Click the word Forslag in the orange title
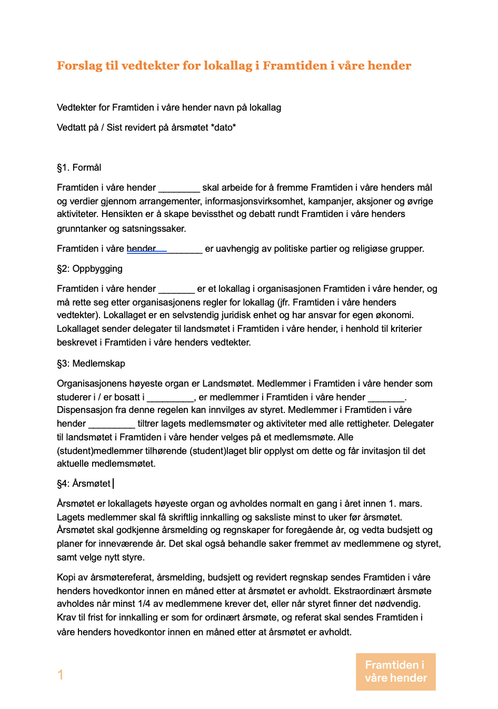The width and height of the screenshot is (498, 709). [79, 66]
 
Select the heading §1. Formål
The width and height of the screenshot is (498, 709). [79, 168]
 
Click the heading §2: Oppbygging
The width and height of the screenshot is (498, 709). [89, 269]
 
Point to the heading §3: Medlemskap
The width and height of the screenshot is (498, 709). [91, 363]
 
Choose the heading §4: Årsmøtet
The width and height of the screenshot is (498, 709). [84, 484]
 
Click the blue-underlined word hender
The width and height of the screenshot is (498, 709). [141, 249]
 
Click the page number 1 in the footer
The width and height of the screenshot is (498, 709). [61, 675]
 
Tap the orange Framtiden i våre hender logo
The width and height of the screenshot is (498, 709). [395, 672]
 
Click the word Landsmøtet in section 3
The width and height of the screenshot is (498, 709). [227, 383]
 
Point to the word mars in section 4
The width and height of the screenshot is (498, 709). [410, 504]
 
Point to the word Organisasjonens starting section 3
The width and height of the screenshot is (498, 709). [92, 383]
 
